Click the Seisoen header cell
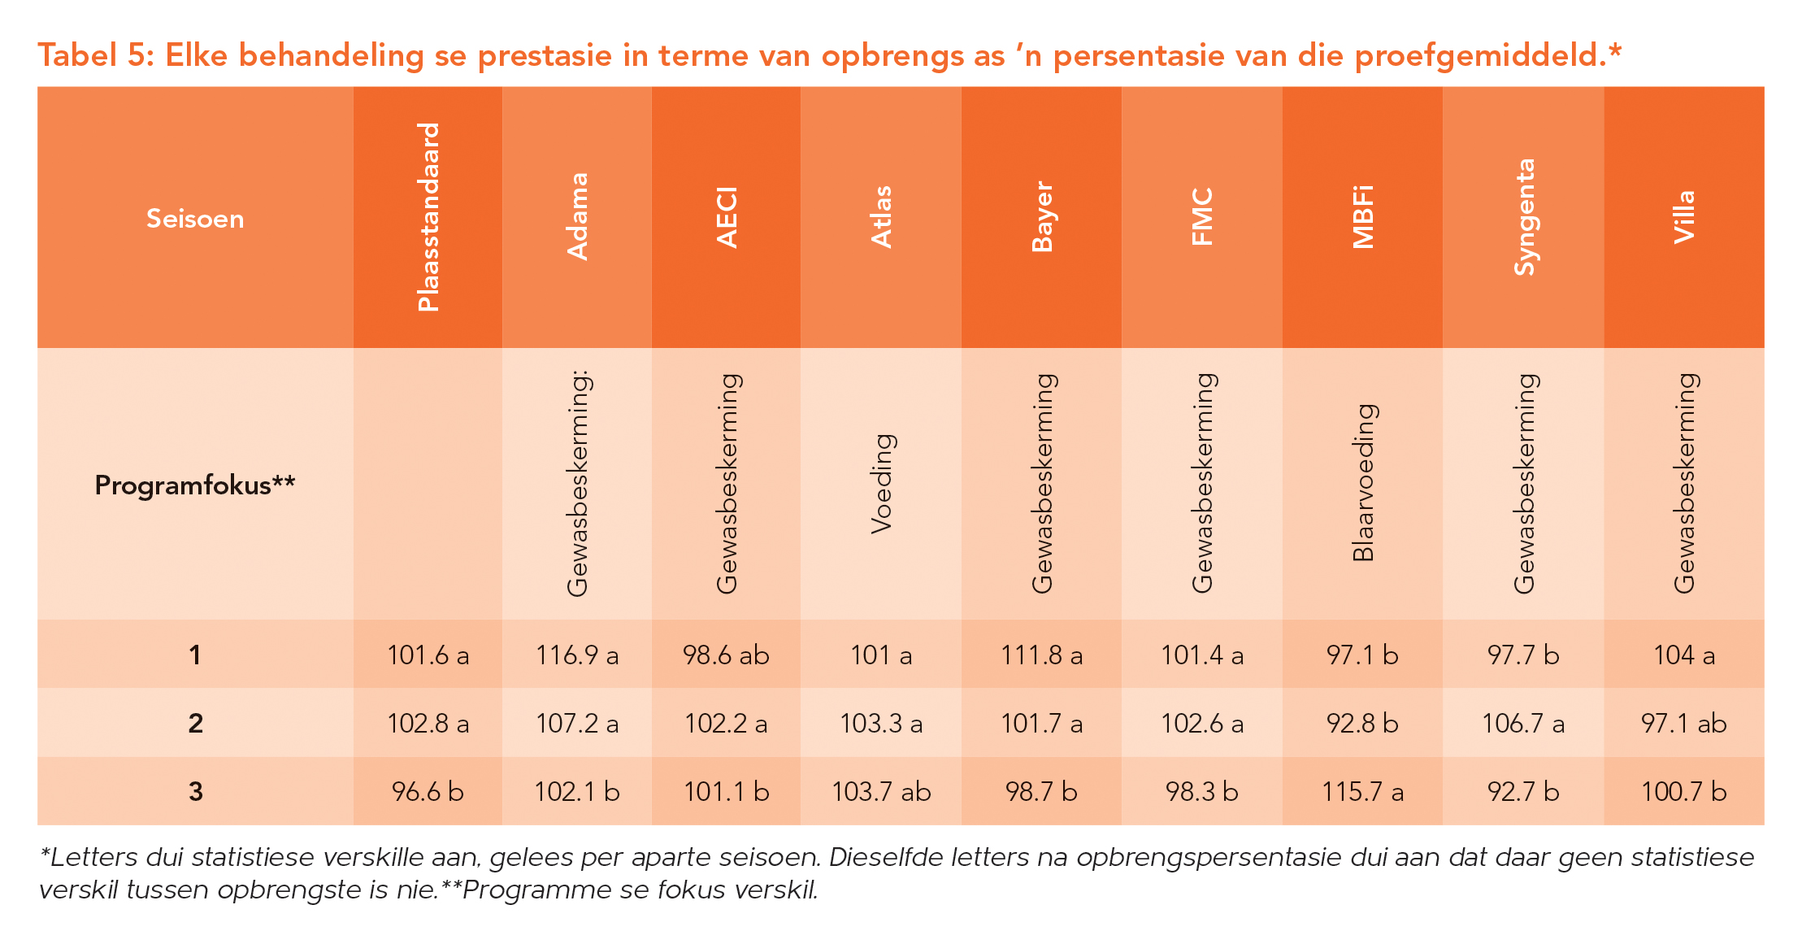(195, 219)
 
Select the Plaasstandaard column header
(428, 217)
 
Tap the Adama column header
(577, 217)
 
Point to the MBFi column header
(1362, 217)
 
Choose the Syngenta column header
(1523, 217)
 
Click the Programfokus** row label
(195, 485)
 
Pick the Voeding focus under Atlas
(881, 484)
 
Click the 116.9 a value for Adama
(577, 655)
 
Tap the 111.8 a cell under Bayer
(1041, 655)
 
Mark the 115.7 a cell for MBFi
(1362, 791)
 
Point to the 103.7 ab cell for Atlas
(881, 791)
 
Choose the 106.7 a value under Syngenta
(1523, 723)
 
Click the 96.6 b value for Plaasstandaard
(428, 791)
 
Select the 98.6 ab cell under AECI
(726, 655)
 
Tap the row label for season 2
(195, 723)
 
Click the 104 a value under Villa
(1684, 655)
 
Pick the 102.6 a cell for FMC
(1202, 723)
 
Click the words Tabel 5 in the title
(96, 55)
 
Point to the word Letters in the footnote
(94, 857)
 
